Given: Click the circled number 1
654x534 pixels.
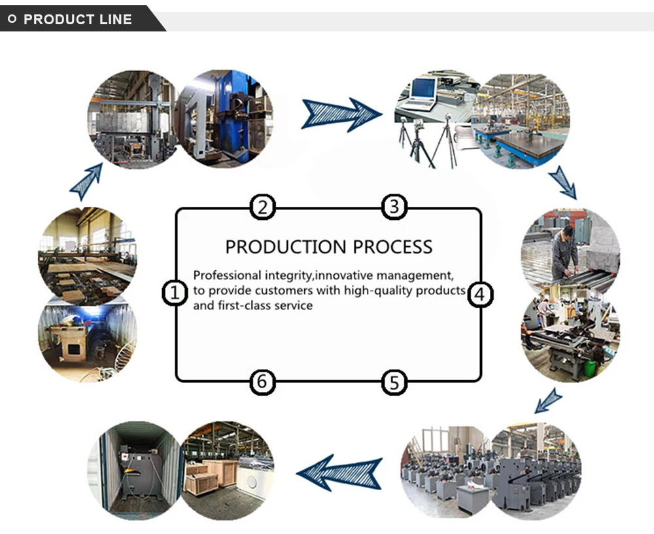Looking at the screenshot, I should (174, 293).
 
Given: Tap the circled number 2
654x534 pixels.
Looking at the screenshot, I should (262, 207).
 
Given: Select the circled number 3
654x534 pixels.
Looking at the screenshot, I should (394, 207).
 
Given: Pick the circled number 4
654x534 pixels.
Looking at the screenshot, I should (480, 294).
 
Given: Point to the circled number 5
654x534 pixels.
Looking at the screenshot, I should (394, 382).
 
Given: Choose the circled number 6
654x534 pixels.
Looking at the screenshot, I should (262, 382).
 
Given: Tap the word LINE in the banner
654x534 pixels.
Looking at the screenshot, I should (116, 20).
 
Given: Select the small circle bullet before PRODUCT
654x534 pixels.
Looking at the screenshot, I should (12, 19).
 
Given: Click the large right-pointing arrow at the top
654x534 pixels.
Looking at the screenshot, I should (341, 114).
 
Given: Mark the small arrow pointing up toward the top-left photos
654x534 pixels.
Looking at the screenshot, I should (87, 181).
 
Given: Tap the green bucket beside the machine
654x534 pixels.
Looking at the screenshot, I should (590, 368).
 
